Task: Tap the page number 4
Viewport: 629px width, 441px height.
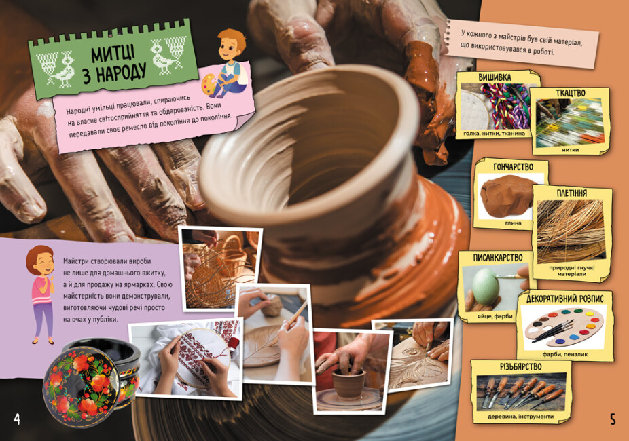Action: [x=17, y=419]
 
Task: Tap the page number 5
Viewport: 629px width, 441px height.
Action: [x=613, y=419]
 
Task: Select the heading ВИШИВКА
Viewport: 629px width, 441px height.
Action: [x=495, y=77]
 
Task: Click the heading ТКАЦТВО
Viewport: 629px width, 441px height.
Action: [x=570, y=94]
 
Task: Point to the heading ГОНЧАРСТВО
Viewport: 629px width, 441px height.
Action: [x=513, y=167]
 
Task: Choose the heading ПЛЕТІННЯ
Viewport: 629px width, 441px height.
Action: [x=572, y=193]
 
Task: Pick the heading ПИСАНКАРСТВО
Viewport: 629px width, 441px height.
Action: [x=497, y=258]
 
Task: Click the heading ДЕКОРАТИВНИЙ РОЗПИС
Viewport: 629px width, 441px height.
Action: [x=565, y=299]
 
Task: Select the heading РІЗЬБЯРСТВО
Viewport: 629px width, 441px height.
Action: [x=521, y=366]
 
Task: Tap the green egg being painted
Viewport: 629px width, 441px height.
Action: [x=486, y=287]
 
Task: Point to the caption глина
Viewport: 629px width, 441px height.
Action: [x=513, y=223]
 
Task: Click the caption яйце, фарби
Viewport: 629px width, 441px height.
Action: [x=495, y=316]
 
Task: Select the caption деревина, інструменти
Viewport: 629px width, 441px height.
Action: [x=521, y=417]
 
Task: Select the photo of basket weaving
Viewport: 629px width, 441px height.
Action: [x=220, y=269]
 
